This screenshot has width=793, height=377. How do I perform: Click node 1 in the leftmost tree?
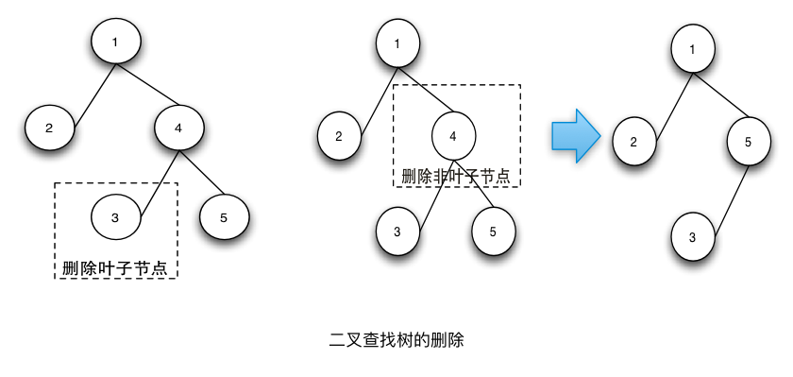click(116, 43)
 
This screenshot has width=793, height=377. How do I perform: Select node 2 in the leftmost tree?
click(49, 129)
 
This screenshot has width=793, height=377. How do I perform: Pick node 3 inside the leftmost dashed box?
click(115, 218)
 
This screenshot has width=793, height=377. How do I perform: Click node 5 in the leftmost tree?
click(224, 218)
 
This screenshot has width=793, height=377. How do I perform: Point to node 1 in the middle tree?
click(397, 43)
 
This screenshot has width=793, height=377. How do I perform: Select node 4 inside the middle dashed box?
click(454, 136)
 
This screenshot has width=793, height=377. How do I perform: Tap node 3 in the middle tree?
click(397, 231)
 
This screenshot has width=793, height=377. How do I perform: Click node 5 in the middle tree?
click(493, 231)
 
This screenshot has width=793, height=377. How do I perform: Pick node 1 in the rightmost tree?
click(694, 49)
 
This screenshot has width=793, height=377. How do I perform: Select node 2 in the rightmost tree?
click(634, 143)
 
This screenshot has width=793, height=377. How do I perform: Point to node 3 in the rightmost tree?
click(693, 237)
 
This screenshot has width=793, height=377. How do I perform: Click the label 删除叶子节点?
click(115, 267)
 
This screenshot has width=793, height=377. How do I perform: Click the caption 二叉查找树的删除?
click(396, 338)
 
